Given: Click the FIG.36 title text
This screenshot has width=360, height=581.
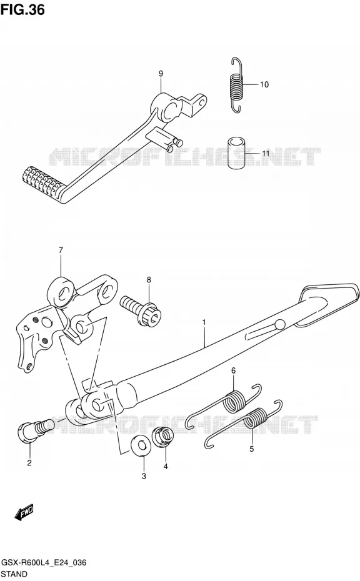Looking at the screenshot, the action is click(x=22, y=9).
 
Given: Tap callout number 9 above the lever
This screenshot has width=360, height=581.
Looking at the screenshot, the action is click(x=161, y=74).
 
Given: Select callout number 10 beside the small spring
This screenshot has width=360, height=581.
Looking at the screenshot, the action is click(x=264, y=84).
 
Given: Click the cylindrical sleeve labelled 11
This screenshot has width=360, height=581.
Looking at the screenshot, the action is click(x=236, y=154).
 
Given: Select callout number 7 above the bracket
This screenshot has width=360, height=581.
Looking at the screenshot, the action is click(x=61, y=250).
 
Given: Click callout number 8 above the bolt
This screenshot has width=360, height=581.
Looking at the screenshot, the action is click(x=149, y=279).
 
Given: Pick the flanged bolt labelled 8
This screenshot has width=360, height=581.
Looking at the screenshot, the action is click(x=141, y=309).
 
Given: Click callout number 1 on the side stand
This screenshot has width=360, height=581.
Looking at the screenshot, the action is click(x=204, y=322).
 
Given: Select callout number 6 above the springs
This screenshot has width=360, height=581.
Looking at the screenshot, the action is click(x=233, y=370).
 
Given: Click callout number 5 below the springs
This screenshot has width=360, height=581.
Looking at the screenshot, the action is click(x=251, y=449).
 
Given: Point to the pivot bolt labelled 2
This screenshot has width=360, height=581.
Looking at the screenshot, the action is click(x=35, y=430).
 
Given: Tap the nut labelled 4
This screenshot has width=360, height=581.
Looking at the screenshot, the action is click(x=164, y=437).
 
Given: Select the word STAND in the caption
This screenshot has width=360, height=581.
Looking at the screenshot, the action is click(x=14, y=574).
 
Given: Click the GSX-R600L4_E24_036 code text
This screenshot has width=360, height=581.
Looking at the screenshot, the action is click(x=44, y=562).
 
